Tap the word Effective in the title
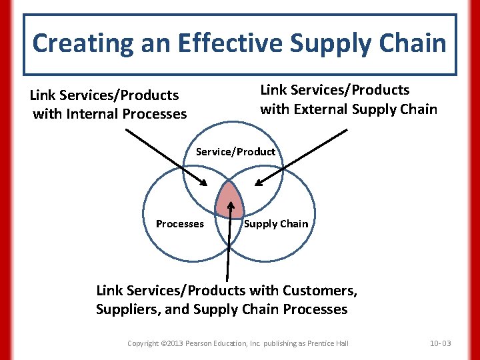coord(217,43)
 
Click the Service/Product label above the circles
coord(235,152)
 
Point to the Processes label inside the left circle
coord(180,224)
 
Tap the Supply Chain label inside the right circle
coord(276,224)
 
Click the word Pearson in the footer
coord(207,343)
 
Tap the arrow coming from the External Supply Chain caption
coord(303,157)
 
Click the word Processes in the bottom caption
coord(315,309)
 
